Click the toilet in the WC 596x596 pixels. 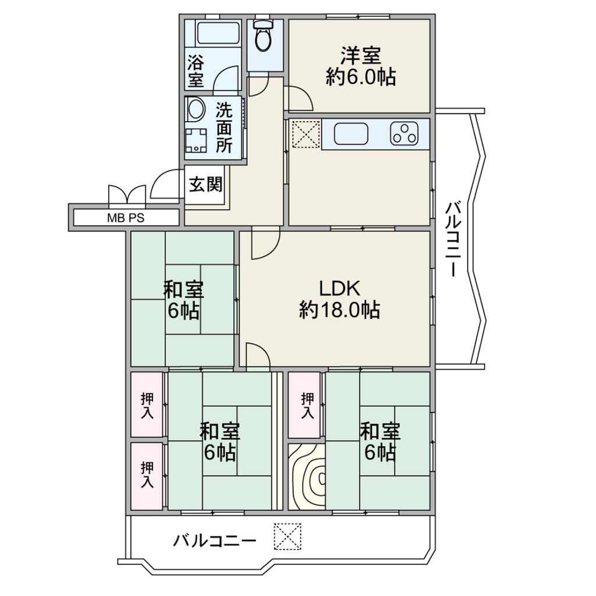point(263,35)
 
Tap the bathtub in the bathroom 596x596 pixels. point(219,33)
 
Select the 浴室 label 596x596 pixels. point(196,71)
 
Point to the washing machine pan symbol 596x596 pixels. point(196,140)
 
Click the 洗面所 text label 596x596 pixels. point(224,128)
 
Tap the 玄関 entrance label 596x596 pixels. point(205,185)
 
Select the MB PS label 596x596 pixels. point(126,218)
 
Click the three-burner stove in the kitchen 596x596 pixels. point(404,134)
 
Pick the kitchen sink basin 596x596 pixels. point(351,134)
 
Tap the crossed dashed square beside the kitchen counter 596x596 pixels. point(306,133)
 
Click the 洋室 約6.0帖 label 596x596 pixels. point(360,66)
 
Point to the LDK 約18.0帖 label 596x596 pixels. point(339,299)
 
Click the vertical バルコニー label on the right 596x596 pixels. point(453,239)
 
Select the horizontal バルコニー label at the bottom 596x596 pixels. point(215,540)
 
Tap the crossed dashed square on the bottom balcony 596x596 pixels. point(288,536)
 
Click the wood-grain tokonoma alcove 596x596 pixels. point(306,477)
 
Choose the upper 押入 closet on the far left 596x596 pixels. point(147,405)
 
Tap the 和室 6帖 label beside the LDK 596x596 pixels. point(183,300)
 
